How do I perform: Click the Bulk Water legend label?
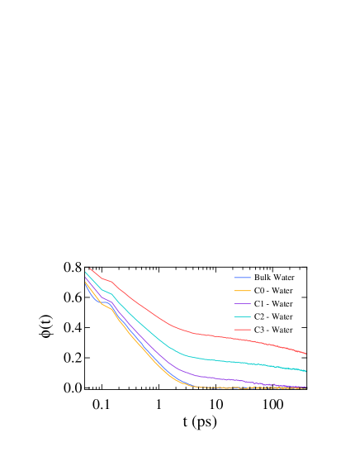pyautogui.click(x=273, y=278)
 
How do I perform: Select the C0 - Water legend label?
pyautogui.click(x=273, y=291)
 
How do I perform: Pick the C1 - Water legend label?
pyautogui.click(x=273, y=304)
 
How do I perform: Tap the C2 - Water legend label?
pyautogui.click(x=273, y=316)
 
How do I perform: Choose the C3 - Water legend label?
pyautogui.click(x=273, y=330)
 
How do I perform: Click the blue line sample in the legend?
pyautogui.click(x=242, y=278)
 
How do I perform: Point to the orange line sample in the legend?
pyautogui.click(x=242, y=291)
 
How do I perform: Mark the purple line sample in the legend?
pyautogui.click(x=242, y=304)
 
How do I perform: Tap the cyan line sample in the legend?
pyautogui.click(x=242, y=316)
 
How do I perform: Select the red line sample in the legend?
pyautogui.click(x=242, y=330)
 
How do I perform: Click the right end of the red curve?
pyautogui.click(x=306, y=354)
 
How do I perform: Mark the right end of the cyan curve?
pyautogui.click(x=306, y=372)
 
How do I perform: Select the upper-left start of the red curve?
pyautogui.click(x=89, y=267)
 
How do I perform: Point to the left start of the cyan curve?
pyautogui.click(x=85, y=272)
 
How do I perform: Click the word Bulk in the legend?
pyautogui.click(x=263, y=278)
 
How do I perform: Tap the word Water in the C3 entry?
pyautogui.click(x=282, y=330)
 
